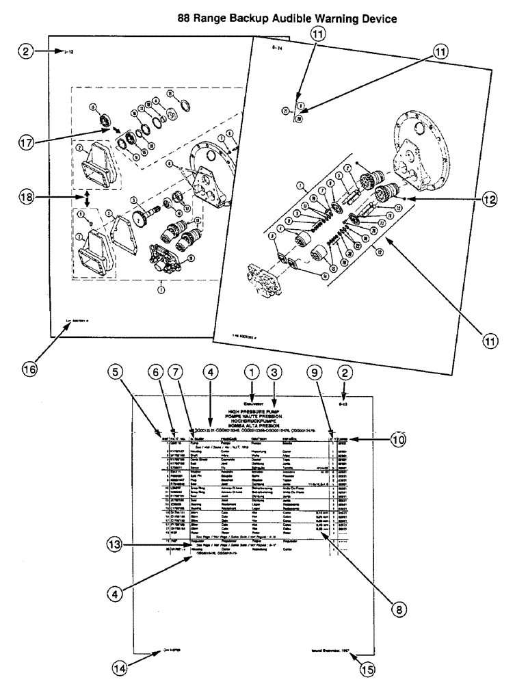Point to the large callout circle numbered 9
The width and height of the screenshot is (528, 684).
point(314,373)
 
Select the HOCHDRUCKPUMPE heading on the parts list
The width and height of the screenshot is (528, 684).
point(251,423)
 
